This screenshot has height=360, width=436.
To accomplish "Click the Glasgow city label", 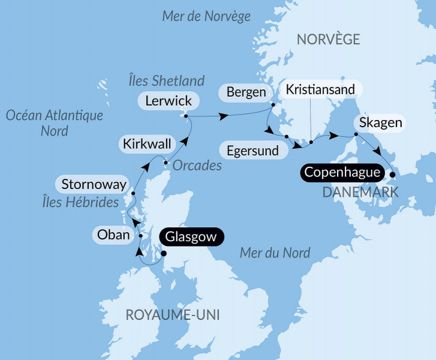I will pyautogui.click(x=191, y=238).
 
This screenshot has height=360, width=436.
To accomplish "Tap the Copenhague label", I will pyautogui.click(x=342, y=173).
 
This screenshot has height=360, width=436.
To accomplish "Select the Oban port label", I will pyautogui.click(x=113, y=235).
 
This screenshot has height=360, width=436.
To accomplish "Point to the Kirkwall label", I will pyautogui.click(x=147, y=144).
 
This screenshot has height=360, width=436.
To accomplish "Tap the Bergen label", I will pyautogui.click(x=246, y=92).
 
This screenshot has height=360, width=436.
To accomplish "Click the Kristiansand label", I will pyautogui.click(x=321, y=89).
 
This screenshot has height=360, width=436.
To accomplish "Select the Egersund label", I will pyautogui.click(x=252, y=150).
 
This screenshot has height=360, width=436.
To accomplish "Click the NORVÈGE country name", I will pyautogui.click(x=328, y=40).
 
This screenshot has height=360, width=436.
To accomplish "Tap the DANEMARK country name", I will pyautogui.click(x=360, y=192).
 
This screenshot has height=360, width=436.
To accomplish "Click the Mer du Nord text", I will pyautogui.click(x=275, y=253).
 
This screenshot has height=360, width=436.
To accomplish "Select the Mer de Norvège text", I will pyautogui.click(x=206, y=16).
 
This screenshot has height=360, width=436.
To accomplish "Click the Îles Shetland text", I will pyautogui.click(x=166, y=80).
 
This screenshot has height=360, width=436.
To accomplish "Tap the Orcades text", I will pyautogui.click(x=197, y=165).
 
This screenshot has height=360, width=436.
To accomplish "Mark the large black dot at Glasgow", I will pyautogui.click(x=164, y=253).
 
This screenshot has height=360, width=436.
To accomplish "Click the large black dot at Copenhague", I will pyautogui.click(x=392, y=175).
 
